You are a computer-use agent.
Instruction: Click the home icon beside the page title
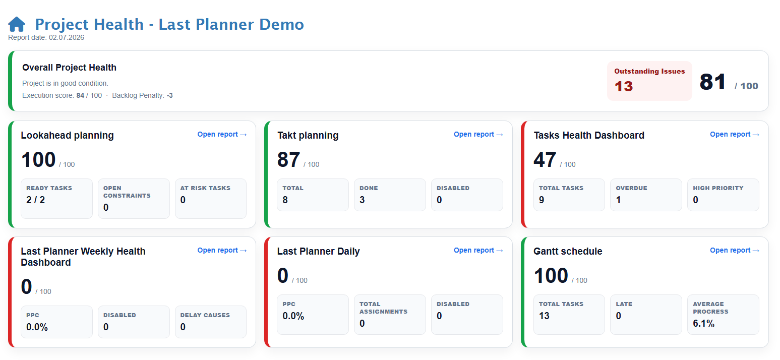(17, 24)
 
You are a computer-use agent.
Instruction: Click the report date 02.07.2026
(67, 38)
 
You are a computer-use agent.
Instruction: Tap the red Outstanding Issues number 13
(624, 86)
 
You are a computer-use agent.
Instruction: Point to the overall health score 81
(713, 82)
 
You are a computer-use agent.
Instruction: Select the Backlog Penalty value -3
(169, 95)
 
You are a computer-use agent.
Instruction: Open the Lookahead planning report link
(222, 135)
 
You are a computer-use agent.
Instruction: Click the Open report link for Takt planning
(478, 135)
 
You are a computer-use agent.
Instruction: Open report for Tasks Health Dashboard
(735, 135)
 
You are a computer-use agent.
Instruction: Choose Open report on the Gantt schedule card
(735, 250)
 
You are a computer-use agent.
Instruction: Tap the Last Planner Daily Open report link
(478, 250)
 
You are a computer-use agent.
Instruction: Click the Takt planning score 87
(289, 160)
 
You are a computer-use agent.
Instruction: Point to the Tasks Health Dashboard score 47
(545, 160)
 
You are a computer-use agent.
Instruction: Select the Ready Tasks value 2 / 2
(35, 200)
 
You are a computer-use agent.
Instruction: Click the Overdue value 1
(618, 200)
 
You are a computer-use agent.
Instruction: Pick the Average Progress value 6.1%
(704, 323)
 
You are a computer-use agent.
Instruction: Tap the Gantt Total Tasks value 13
(544, 316)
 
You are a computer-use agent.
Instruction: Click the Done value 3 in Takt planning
(362, 200)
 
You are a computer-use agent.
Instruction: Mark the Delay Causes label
(205, 315)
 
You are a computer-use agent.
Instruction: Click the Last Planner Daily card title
(318, 252)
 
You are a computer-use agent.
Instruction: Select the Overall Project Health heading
(69, 68)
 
